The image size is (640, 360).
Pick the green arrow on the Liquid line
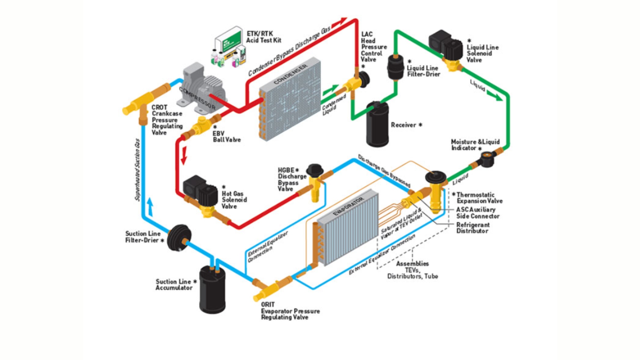coord(494,96)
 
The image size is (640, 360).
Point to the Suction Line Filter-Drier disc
coord(179,237)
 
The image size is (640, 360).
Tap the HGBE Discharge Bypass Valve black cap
coord(314,170)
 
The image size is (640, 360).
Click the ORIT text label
coord(268,304)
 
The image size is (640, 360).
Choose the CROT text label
coord(159,107)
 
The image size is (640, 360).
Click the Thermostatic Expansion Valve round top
coord(435,177)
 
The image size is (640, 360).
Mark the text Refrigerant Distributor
coord(473,228)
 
